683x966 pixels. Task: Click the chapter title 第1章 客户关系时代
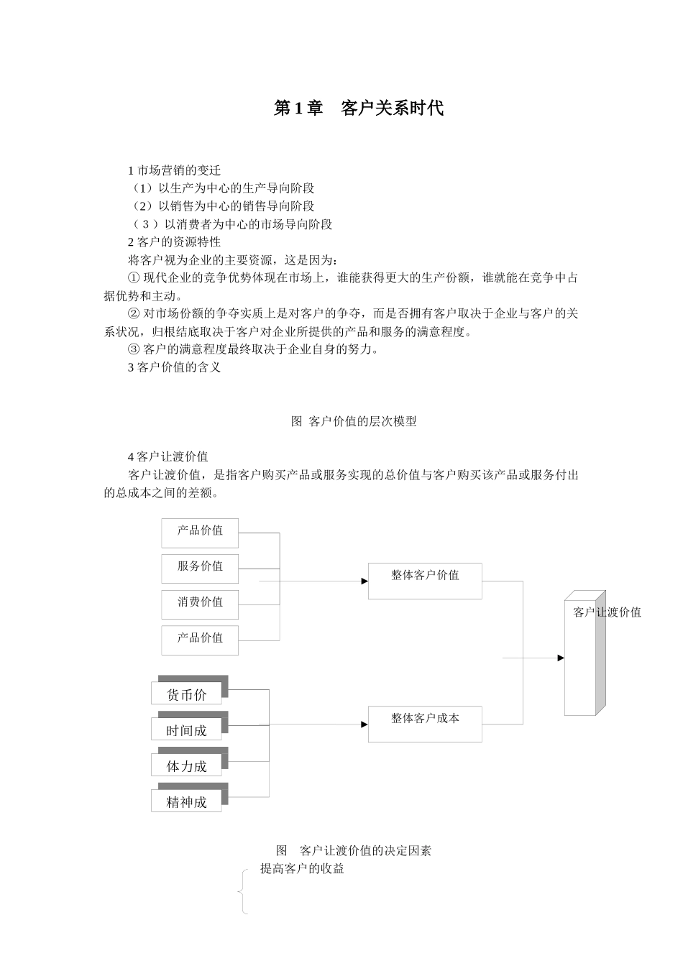click(x=359, y=109)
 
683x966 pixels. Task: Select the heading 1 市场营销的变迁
click(x=174, y=170)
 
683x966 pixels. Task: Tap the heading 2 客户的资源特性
click(x=174, y=241)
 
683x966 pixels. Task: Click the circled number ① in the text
click(x=133, y=278)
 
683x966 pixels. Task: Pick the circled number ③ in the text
click(x=133, y=349)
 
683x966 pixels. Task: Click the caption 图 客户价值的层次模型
click(x=354, y=422)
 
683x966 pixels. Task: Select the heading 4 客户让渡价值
click(x=168, y=456)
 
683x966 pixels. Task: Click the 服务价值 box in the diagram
click(x=200, y=568)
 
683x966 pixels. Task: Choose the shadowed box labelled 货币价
click(x=187, y=694)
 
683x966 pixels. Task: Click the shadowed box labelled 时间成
click(x=187, y=730)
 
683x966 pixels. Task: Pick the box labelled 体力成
click(x=187, y=765)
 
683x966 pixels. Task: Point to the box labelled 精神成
click(x=187, y=801)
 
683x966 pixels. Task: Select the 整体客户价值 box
click(x=425, y=581)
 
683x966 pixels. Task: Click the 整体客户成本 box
click(x=425, y=724)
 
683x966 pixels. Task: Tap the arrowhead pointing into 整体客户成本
click(x=365, y=724)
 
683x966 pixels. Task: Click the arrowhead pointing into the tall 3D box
click(x=561, y=658)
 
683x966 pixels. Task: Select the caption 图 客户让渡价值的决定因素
click(x=354, y=851)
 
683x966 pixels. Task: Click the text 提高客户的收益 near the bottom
click(x=302, y=869)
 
